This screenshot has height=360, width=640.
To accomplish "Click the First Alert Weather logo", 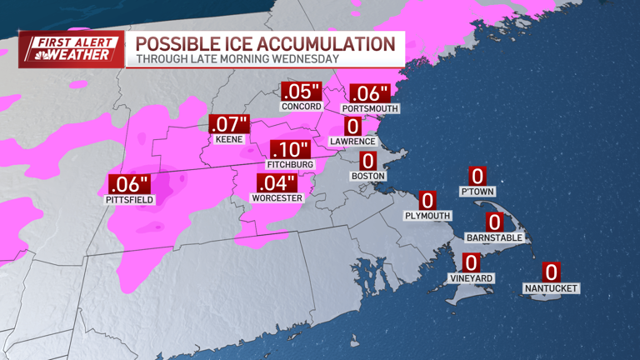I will click(x=72, y=48).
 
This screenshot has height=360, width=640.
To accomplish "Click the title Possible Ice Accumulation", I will click(x=266, y=43).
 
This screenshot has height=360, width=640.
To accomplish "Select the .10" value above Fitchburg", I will click(x=290, y=150).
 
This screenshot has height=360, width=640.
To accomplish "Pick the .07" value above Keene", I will click(x=228, y=124).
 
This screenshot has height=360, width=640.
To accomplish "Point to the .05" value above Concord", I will click(x=301, y=92).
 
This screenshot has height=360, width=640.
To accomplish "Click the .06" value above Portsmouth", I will click(x=370, y=94).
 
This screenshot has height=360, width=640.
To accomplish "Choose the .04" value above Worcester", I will click(x=276, y=183).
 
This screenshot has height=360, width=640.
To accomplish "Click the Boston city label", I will click(x=367, y=176).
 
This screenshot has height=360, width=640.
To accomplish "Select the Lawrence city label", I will click(x=353, y=142).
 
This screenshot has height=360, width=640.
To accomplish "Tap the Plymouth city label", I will click(x=427, y=216).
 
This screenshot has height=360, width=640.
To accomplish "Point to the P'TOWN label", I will click(x=477, y=192).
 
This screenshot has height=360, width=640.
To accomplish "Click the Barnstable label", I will click(x=495, y=237).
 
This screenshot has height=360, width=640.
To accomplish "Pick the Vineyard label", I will click(x=472, y=278).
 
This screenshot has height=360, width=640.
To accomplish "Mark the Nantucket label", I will click(x=551, y=288).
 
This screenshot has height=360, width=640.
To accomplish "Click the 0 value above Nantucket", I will click(x=551, y=272).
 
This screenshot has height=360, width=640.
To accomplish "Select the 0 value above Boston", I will click(x=367, y=161).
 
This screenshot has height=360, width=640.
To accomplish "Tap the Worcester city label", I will click(x=276, y=198).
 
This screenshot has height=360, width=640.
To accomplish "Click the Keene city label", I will click(x=228, y=139).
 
